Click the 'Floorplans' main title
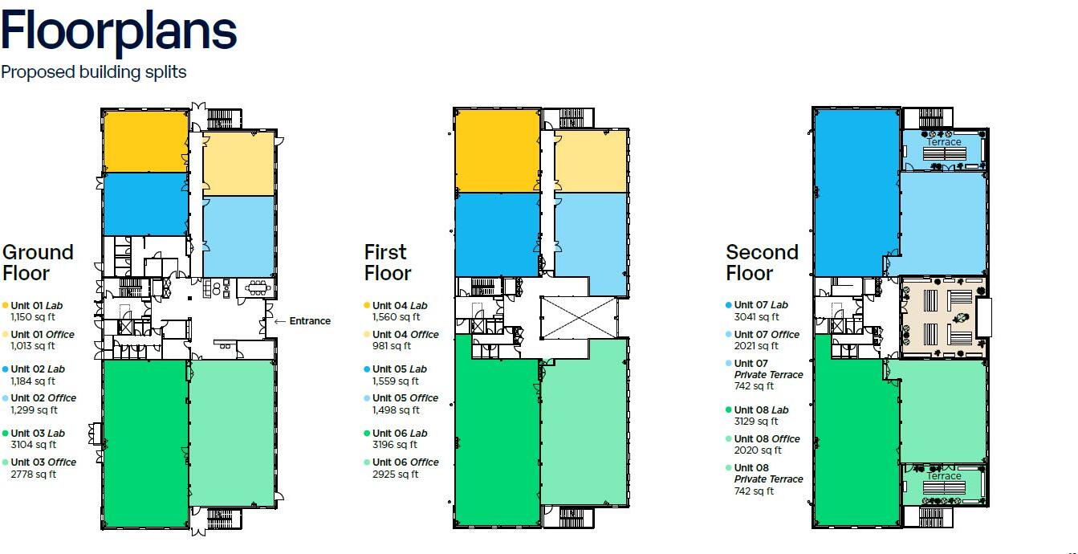[x=119, y=31]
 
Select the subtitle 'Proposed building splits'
[x=94, y=72]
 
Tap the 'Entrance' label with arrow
[x=303, y=321]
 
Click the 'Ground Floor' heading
[x=38, y=263]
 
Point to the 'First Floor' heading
[x=388, y=263]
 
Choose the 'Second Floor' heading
[x=762, y=263]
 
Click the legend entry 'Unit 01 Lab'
[x=33, y=306]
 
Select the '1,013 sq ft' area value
[x=33, y=346]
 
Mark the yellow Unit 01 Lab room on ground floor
[x=145, y=141]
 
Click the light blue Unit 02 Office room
[x=238, y=236]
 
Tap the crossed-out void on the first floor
[x=579, y=317]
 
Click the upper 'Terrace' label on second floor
[x=944, y=142]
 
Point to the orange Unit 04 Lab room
[x=497, y=150]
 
